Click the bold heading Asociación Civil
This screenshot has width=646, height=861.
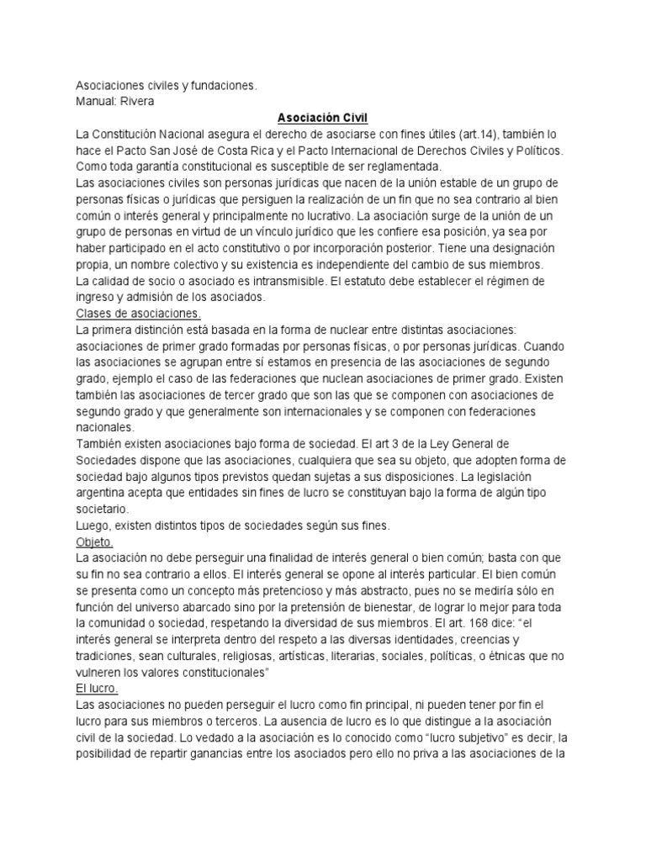pos(323,119)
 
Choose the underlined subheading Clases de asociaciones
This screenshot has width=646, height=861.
pos(140,312)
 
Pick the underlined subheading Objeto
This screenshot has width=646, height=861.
pos(93,541)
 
